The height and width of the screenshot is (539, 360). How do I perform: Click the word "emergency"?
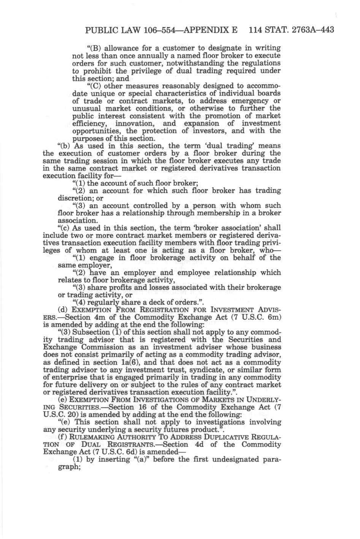pos(242,101)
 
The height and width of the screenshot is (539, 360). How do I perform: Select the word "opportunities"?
pos(94,131)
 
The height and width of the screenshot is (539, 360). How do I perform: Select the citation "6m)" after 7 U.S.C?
pos(273,317)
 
